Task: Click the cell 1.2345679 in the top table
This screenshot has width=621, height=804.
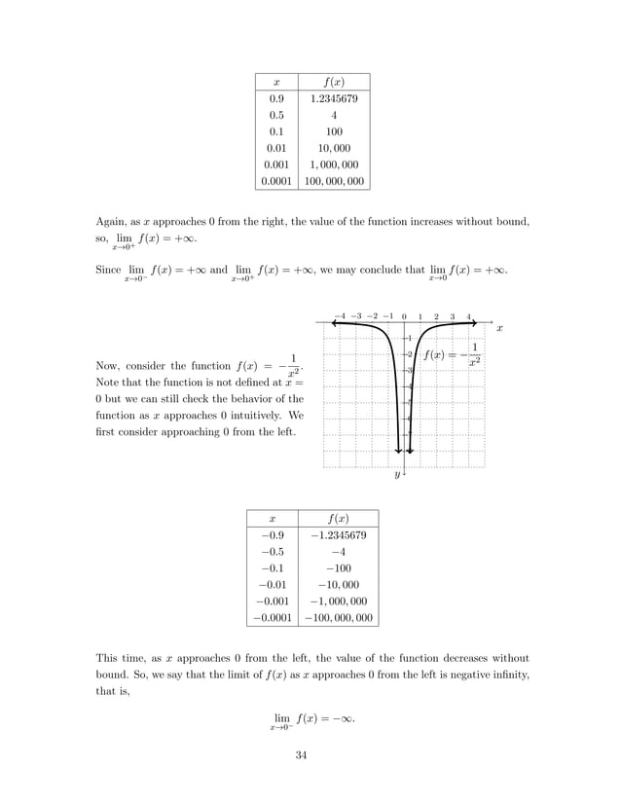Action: coord(333,97)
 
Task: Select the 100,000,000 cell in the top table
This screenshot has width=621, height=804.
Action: coord(333,180)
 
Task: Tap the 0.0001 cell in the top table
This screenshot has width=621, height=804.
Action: coord(276,180)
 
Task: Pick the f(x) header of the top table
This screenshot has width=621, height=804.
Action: coord(333,80)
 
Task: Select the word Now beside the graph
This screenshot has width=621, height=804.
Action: coord(107,366)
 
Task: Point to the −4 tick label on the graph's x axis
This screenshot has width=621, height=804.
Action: coord(339,316)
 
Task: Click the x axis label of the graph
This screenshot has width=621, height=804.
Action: coord(499,330)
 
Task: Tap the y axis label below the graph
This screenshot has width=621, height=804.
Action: coord(397,476)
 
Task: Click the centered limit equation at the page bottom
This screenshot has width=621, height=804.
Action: coord(310,720)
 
